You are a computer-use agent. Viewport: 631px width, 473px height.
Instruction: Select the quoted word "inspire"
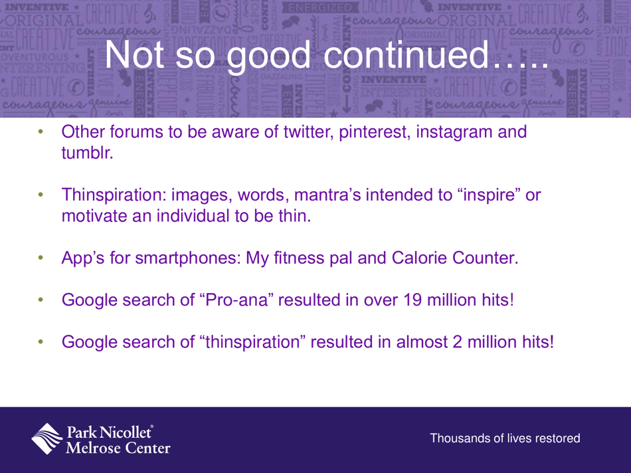coord(468,196)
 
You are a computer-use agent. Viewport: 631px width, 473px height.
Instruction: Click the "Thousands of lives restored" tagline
coord(505,438)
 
